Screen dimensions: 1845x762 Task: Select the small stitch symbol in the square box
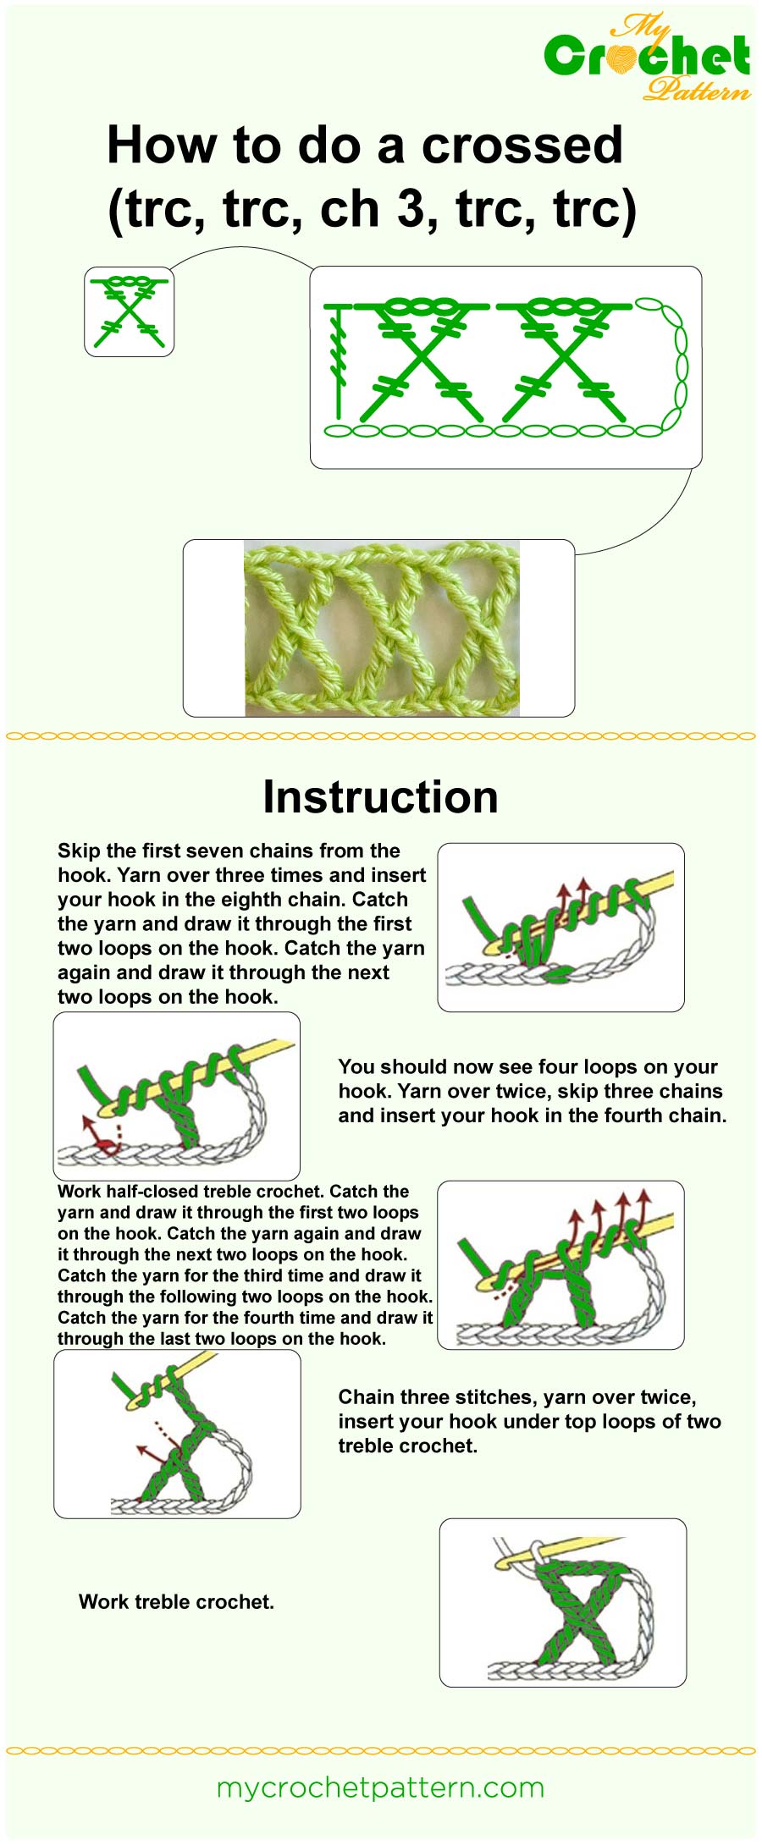pos(129,311)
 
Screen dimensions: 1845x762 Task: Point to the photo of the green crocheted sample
pos(381,628)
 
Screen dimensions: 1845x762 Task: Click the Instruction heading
pos(380,797)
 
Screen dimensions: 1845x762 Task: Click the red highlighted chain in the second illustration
pos(105,1147)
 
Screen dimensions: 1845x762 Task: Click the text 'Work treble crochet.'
pos(176,1602)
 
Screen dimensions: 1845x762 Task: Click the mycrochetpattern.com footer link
pos(380,1787)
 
